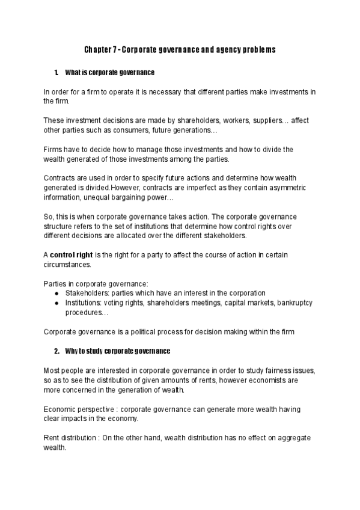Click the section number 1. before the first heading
(x=56, y=73)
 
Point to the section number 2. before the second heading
(x=56, y=351)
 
